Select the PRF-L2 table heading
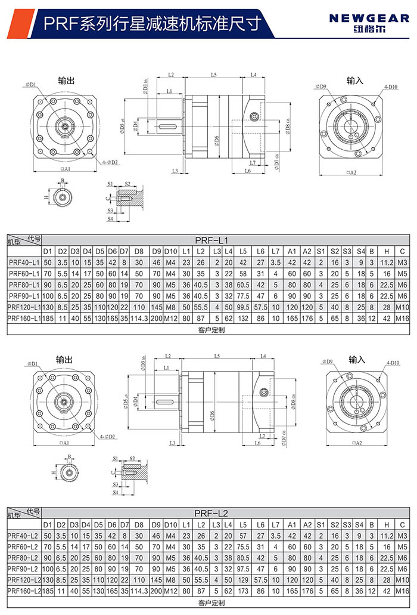click(x=211, y=512)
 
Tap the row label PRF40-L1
click(x=23, y=262)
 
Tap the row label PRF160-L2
click(x=23, y=591)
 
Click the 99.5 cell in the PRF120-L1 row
click(x=242, y=308)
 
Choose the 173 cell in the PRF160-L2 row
click(x=242, y=591)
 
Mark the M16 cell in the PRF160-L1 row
click(x=403, y=319)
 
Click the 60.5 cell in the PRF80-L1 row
click(x=242, y=285)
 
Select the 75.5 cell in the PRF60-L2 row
click(x=242, y=546)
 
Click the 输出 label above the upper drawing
click(x=66, y=80)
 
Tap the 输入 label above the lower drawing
click(x=357, y=360)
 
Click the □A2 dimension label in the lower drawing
click(x=357, y=443)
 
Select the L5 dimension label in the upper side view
click(x=213, y=75)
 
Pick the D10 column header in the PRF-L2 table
click(x=171, y=524)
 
